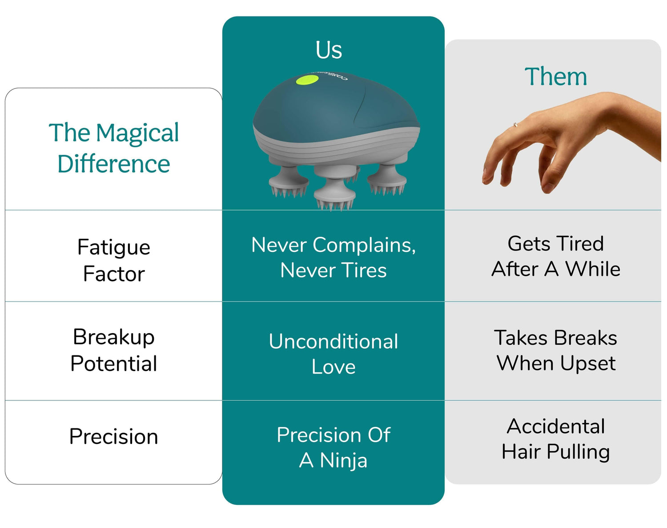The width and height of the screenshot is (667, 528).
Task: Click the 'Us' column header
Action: [329, 50]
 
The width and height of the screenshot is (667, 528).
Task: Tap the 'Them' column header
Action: [556, 76]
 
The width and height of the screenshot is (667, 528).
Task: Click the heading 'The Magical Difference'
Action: [114, 148]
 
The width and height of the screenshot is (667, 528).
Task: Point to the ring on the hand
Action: [515, 125]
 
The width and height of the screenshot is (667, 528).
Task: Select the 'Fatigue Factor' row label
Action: [114, 260]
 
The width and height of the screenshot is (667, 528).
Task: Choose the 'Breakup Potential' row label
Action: [114, 350]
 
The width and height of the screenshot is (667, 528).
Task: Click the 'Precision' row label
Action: [114, 436]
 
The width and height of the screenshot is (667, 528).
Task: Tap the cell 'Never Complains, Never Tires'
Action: [333, 258]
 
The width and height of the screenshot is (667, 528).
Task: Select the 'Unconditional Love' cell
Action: [333, 354]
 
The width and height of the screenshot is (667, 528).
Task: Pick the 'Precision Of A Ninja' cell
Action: [333, 447]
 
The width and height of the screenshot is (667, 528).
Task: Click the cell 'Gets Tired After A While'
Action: [556, 256]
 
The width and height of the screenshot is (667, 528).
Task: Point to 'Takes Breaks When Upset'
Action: [556, 351]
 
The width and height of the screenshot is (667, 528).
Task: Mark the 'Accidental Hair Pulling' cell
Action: [556, 439]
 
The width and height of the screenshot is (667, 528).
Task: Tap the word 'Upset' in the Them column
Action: [588, 363]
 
